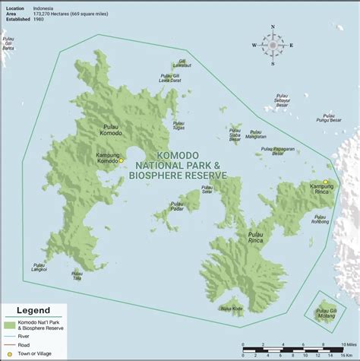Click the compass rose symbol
(273, 45)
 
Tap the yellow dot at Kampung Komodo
(120, 160)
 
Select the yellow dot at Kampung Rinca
(325, 182)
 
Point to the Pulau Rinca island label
(257, 239)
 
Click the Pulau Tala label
(77, 276)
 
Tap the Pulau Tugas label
(179, 125)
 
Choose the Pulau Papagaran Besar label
(274, 150)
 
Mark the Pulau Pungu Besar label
(329, 118)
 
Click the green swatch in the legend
(11, 325)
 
